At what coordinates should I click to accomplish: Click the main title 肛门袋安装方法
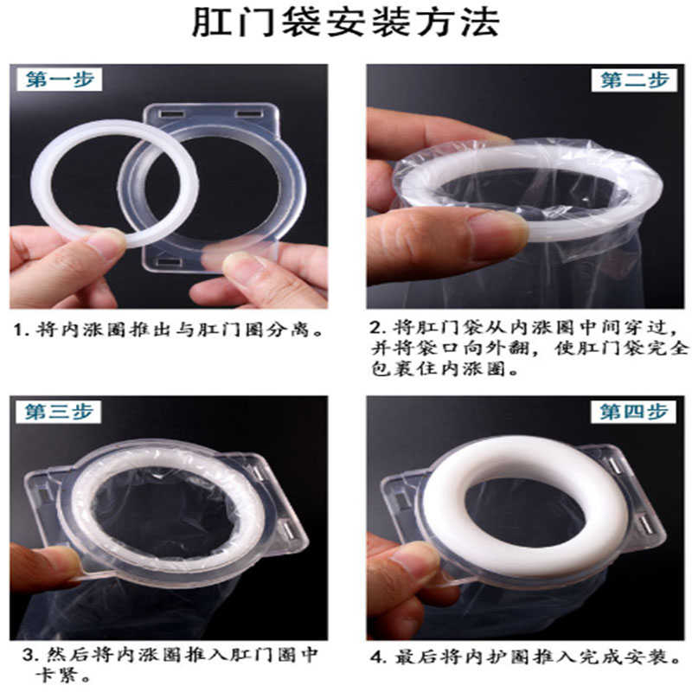[x=345, y=22]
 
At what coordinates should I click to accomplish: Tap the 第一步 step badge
[x=60, y=80]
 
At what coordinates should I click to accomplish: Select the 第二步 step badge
[x=634, y=80]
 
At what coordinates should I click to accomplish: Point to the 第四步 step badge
[x=634, y=412]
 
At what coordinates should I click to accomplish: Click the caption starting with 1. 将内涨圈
[x=169, y=330]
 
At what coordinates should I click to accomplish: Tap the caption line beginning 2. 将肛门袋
[x=524, y=328]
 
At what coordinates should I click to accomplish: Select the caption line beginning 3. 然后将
[x=170, y=655]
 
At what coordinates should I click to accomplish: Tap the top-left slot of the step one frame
[x=171, y=114]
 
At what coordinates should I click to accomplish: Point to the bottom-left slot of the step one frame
[x=170, y=263]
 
